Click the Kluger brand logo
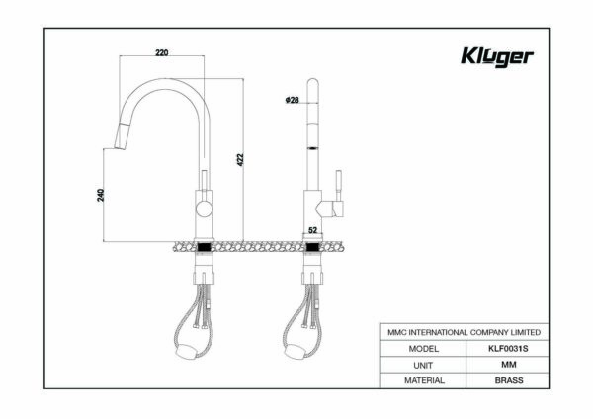[x=497, y=57]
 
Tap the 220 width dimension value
[x=162, y=52]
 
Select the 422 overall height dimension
[x=240, y=159]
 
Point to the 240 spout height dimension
[x=100, y=195]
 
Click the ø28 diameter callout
[x=292, y=100]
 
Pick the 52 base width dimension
[x=312, y=230]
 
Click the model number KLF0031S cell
[x=508, y=348]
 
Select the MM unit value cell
[x=508, y=365]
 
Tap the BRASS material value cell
[x=508, y=380]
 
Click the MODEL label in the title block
[x=424, y=348]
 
